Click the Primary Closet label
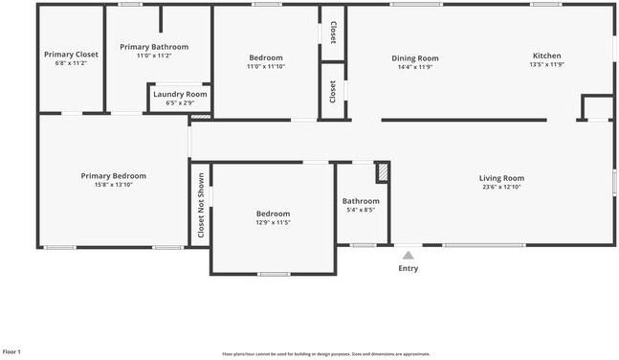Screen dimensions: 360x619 coord(71,55)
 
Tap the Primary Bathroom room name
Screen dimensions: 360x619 coord(153,47)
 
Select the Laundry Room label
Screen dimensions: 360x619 coord(180,94)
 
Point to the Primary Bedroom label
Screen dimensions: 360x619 coord(113,176)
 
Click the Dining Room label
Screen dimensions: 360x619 coord(415,57)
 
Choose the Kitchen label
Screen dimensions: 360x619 coord(546,56)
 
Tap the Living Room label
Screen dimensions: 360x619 coord(501,178)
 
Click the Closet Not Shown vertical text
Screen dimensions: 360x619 coord(201,206)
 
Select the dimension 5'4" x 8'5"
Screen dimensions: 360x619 coord(361,211)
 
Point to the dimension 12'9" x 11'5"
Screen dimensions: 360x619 coord(273,223)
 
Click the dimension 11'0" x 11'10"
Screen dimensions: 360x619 coord(266,67)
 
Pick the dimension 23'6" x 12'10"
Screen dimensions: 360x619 coord(501,188)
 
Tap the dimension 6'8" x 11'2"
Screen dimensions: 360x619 coord(71,64)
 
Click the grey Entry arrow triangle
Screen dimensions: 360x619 coord(408,256)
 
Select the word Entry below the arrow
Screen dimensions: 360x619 coord(408,268)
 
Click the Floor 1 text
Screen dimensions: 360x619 coord(12,352)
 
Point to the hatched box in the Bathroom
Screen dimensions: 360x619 coord(382,170)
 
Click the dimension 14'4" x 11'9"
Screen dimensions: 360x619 coord(415,67)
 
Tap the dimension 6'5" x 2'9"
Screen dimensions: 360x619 coord(180,102)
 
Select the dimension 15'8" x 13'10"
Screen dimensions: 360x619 coord(113,186)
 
